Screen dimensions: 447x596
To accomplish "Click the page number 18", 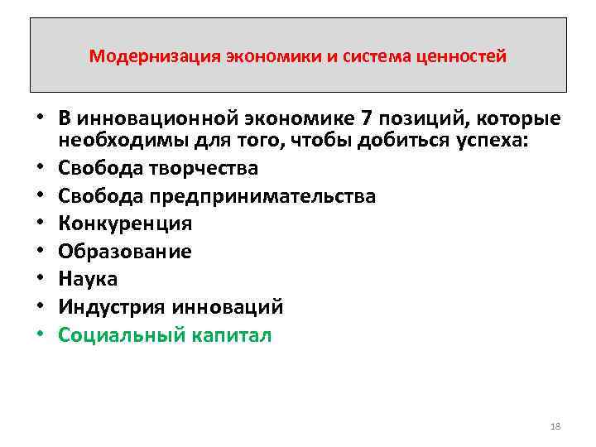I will click(x=555, y=426).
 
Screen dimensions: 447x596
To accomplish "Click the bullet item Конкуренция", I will click(x=125, y=223).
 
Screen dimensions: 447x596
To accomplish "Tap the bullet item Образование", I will click(x=125, y=252).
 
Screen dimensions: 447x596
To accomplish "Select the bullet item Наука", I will click(x=88, y=279).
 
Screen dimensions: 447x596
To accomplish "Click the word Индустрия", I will click(x=112, y=307).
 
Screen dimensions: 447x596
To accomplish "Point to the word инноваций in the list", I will click(x=228, y=307).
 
